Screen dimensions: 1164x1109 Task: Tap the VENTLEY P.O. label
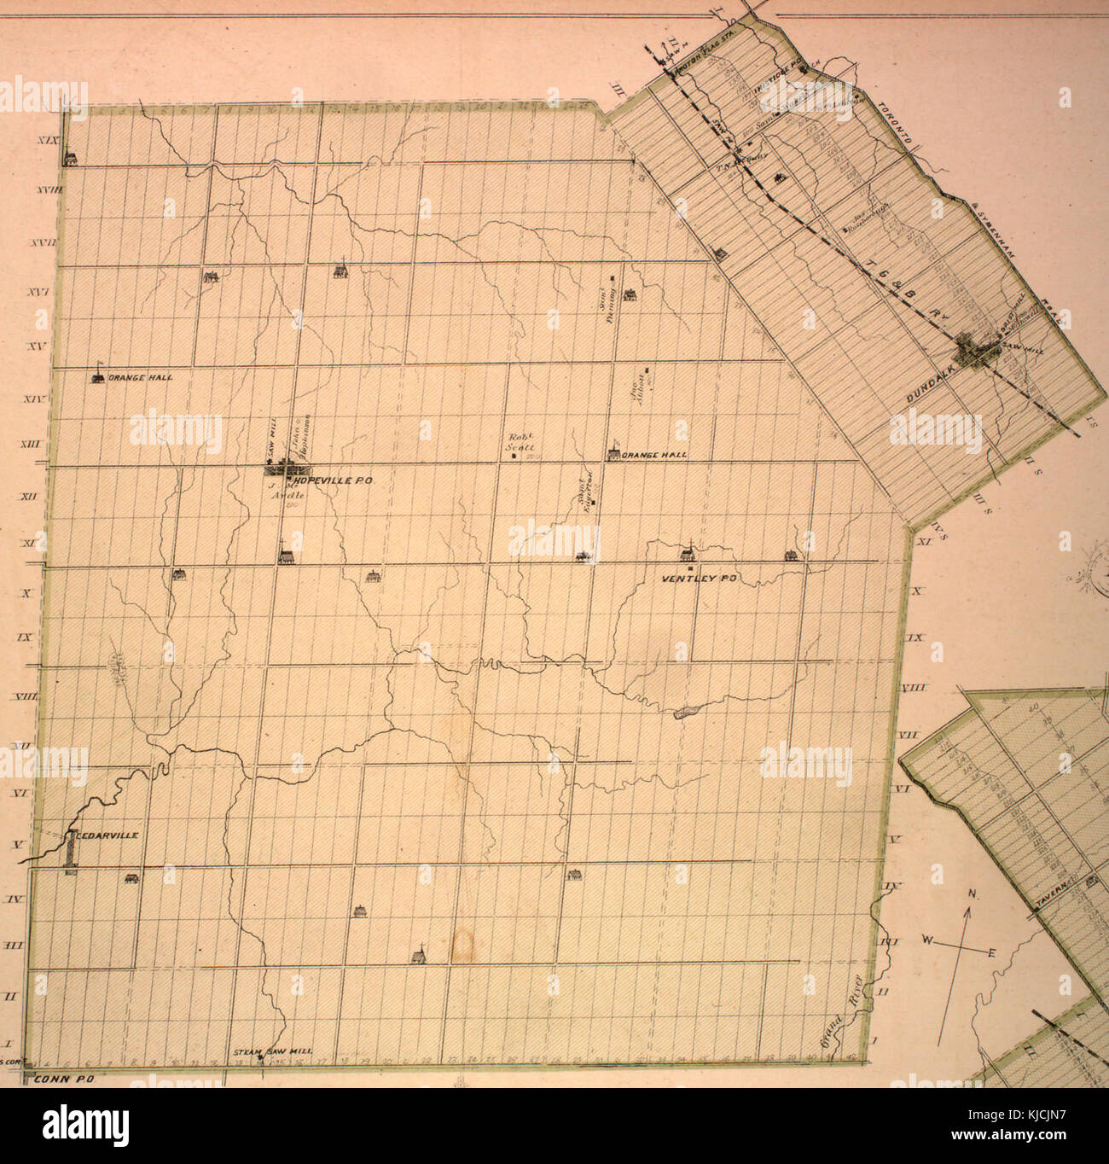click(700, 579)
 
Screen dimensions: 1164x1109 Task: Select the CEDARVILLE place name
click(107, 836)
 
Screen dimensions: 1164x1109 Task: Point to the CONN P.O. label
click(63, 1079)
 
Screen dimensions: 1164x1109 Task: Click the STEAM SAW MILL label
click(273, 1052)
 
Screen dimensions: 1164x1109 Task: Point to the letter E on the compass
click(990, 952)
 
